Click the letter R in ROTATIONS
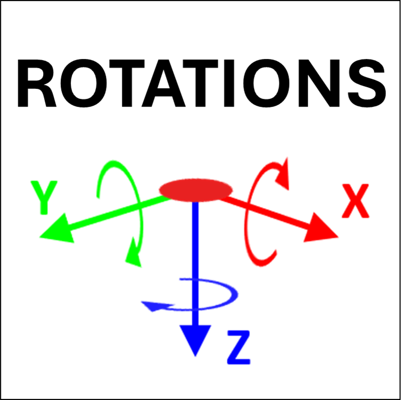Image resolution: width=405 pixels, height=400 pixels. click(x=37, y=83)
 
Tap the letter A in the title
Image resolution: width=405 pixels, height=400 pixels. click(x=163, y=83)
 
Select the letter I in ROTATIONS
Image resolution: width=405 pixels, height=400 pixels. click(x=229, y=83)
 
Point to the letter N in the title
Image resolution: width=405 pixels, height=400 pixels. click(x=319, y=83)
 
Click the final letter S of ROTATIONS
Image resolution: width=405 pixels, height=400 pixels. click(x=367, y=83)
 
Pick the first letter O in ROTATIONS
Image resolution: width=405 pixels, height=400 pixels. click(x=84, y=83)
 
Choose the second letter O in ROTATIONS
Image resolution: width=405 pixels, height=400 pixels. click(x=266, y=83)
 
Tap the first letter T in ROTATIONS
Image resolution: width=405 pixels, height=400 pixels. click(x=127, y=83)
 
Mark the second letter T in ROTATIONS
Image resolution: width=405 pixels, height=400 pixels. click(x=201, y=83)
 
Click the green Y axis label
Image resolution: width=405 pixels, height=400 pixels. click(x=44, y=197)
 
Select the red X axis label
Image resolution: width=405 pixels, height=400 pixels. click(x=356, y=201)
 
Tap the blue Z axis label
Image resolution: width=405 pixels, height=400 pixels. click(x=238, y=347)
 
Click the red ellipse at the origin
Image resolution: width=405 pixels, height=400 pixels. click(x=195, y=190)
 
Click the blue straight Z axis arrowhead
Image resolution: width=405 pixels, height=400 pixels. click(x=195, y=339)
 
